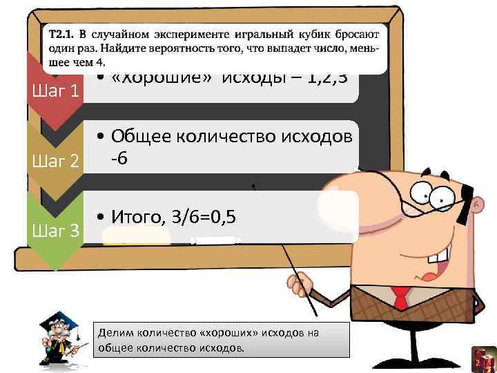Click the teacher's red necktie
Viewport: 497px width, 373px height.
click(x=401, y=297)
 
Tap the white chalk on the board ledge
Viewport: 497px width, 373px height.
click(x=215, y=240)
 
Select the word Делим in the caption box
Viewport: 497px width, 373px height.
click(x=112, y=332)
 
